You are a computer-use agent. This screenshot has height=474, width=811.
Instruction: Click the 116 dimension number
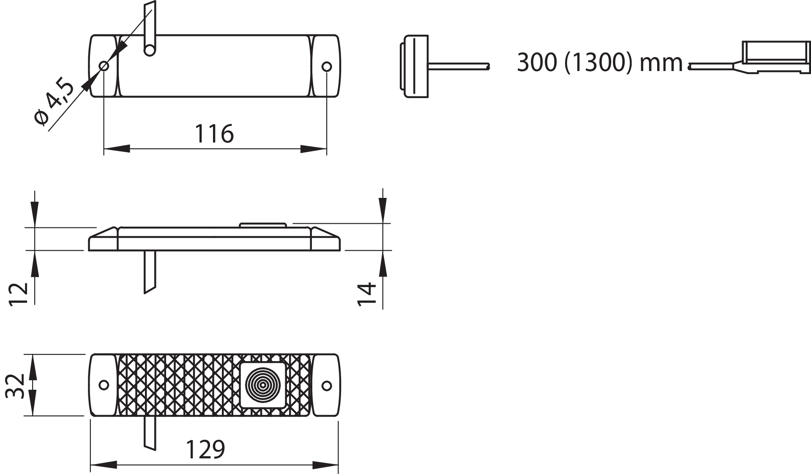[214, 134]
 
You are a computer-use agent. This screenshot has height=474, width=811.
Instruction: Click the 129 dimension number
[205, 449]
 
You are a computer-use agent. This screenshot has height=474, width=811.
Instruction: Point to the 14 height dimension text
[366, 294]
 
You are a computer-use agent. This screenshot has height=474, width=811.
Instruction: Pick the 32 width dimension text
[15, 386]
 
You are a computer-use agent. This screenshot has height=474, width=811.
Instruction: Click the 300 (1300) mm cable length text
[599, 63]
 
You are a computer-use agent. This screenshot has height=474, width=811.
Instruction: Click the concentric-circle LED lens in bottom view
[263, 385]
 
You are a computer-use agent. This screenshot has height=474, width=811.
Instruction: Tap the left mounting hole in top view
[104, 66]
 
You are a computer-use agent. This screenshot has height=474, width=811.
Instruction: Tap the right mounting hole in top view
[327, 66]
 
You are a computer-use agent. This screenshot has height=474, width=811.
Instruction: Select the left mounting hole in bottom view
[104, 385]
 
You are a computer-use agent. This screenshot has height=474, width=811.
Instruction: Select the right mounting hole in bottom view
[327, 385]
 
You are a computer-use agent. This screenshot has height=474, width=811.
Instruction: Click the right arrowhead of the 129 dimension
[325, 465]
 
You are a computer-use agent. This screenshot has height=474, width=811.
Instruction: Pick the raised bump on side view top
[263, 225]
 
